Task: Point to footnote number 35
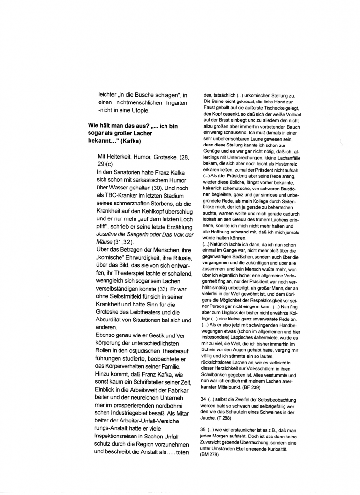203,429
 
